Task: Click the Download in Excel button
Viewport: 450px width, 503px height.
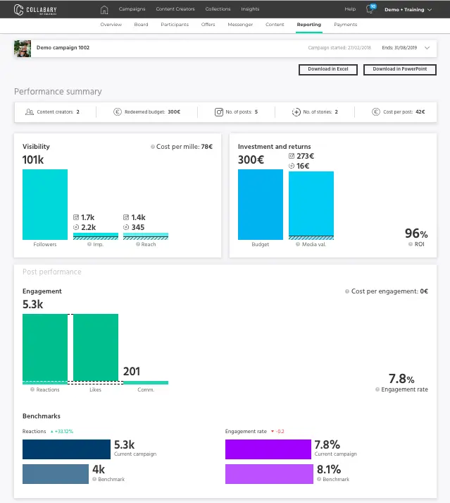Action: [328, 69]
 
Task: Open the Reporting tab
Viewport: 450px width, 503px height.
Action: [308, 25]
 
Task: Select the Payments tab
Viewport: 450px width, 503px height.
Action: [345, 25]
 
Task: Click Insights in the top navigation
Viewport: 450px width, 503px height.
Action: [250, 9]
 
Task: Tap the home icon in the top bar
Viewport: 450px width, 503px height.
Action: [105, 9]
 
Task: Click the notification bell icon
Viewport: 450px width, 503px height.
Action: [370, 10]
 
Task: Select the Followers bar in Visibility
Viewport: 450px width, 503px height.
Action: [45, 205]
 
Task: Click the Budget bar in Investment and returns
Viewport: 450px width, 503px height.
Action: [261, 205]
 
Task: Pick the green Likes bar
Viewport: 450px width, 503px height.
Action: [96, 348]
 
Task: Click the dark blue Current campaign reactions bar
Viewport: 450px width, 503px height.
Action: [67, 449]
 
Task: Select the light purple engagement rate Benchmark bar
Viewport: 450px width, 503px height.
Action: [268, 473]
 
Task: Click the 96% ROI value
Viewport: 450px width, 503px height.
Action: [415, 234]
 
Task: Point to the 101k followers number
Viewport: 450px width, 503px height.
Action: [33, 159]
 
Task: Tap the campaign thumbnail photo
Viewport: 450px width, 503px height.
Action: [23, 49]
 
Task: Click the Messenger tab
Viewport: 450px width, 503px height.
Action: [240, 25]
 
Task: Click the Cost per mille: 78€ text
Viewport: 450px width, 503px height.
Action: [183, 147]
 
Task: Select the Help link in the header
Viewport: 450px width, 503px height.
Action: [350, 9]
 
